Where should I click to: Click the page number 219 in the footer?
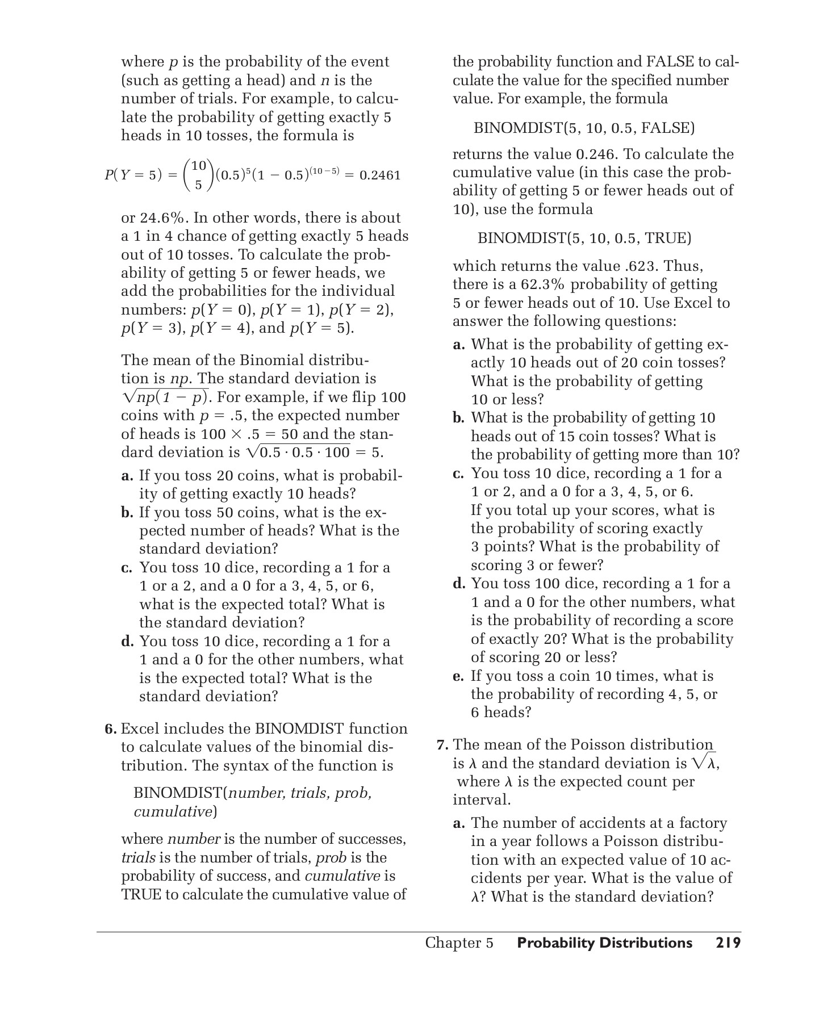[x=728, y=943]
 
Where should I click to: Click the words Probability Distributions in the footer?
[x=604, y=943]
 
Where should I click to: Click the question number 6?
[x=110, y=729]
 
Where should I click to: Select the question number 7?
[x=442, y=745]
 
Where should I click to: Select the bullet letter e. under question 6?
[x=458, y=676]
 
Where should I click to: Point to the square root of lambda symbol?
[x=704, y=763]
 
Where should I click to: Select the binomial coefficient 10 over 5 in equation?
[x=198, y=175]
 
